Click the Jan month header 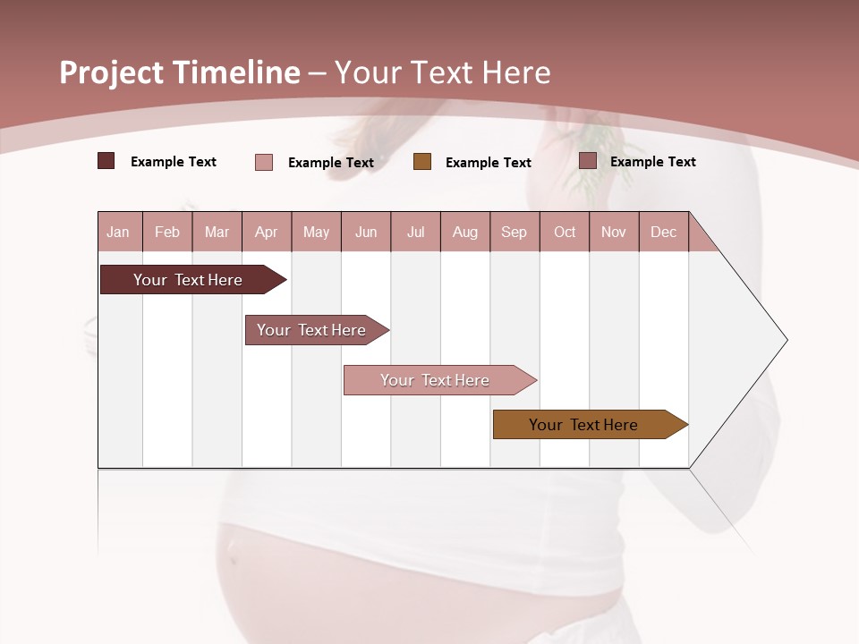point(119,232)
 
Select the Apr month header point(267,232)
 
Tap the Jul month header point(416,232)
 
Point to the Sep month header point(515,232)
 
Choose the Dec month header point(663,232)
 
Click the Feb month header point(167,232)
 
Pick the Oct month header point(565,232)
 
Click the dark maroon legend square point(106,161)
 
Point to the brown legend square point(422,162)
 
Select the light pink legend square point(264,162)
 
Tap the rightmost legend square point(588,161)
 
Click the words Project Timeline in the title point(179,72)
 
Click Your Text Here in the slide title point(443,72)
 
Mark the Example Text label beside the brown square point(489,163)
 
